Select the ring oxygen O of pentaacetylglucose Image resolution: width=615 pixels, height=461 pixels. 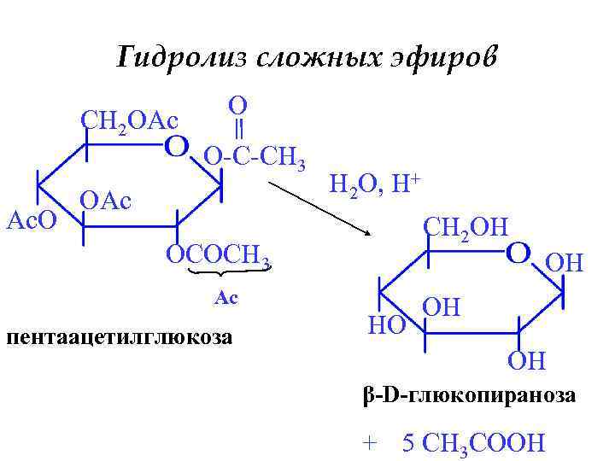pos(176,148)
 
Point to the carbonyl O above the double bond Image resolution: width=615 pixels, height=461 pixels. pos(238,105)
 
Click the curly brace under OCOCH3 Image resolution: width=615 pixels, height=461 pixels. pos(223,274)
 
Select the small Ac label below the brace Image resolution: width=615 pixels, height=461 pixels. pos(225,299)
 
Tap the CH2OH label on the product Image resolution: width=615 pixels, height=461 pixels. pos(466,227)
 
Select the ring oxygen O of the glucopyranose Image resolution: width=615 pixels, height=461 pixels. pos(518,254)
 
